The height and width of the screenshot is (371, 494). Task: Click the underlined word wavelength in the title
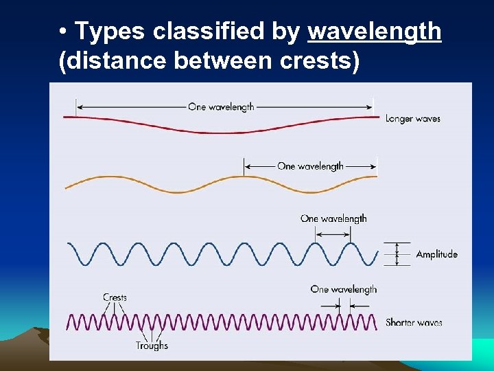(375, 32)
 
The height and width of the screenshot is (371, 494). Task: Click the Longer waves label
(412, 119)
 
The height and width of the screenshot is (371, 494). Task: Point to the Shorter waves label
(414, 322)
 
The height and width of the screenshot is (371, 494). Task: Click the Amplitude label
(436, 254)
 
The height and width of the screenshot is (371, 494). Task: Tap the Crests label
(115, 297)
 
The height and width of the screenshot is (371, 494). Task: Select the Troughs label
(152, 346)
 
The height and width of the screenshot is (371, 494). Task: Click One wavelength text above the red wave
(221, 106)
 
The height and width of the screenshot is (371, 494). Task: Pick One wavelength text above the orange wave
(310, 166)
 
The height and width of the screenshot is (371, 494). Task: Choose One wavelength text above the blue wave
(333, 218)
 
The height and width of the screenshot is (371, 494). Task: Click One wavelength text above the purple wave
(343, 289)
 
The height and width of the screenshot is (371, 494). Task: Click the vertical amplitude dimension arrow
(396, 254)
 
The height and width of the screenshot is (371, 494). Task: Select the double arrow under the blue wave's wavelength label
(333, 234)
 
